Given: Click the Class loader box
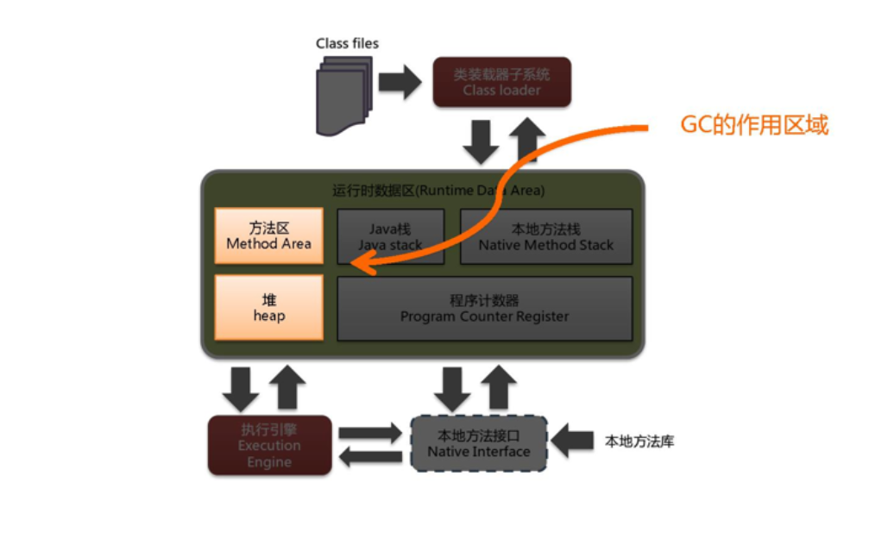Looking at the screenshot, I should click(x=501, y=82).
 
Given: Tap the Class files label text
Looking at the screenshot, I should click(x=347, y=43).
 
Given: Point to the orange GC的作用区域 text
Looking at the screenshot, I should click(x=754, y=125).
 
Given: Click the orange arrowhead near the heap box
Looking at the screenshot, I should click(x=362, y=268).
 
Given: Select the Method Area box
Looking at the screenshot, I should click(x=268, y=235).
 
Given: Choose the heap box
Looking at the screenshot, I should click(x=268, y=307).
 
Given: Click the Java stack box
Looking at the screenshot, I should click(x=390, y=236).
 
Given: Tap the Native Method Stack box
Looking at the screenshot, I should click(x=545, y=236).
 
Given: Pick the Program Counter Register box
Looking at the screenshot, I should click(x=484, y=308).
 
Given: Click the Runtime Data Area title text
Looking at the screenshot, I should click(x=438, y=190).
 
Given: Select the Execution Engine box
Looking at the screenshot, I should click(x=269, y=445).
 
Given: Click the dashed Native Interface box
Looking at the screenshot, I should click(x=478, y=443).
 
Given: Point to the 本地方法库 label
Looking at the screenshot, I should click(x=639, y=442).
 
